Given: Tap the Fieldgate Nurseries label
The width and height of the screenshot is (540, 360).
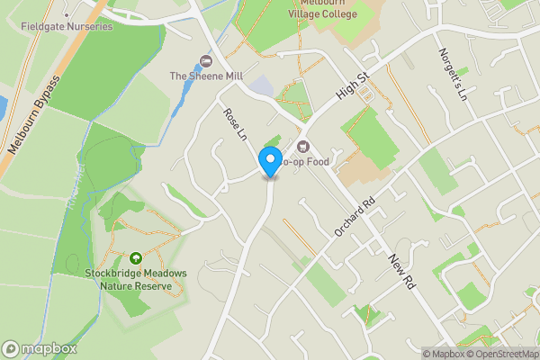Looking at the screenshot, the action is (67, 26).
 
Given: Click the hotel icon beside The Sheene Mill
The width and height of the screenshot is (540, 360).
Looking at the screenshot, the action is (204, 61).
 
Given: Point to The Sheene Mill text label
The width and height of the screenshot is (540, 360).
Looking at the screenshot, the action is (207, 76).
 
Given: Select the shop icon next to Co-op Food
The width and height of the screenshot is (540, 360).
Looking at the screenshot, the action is (302, 147).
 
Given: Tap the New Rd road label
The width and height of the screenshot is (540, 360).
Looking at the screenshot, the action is (401, 270).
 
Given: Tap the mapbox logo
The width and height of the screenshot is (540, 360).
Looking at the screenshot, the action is (40, 348).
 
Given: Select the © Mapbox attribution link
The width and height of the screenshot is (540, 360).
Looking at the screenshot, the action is (444, 354).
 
